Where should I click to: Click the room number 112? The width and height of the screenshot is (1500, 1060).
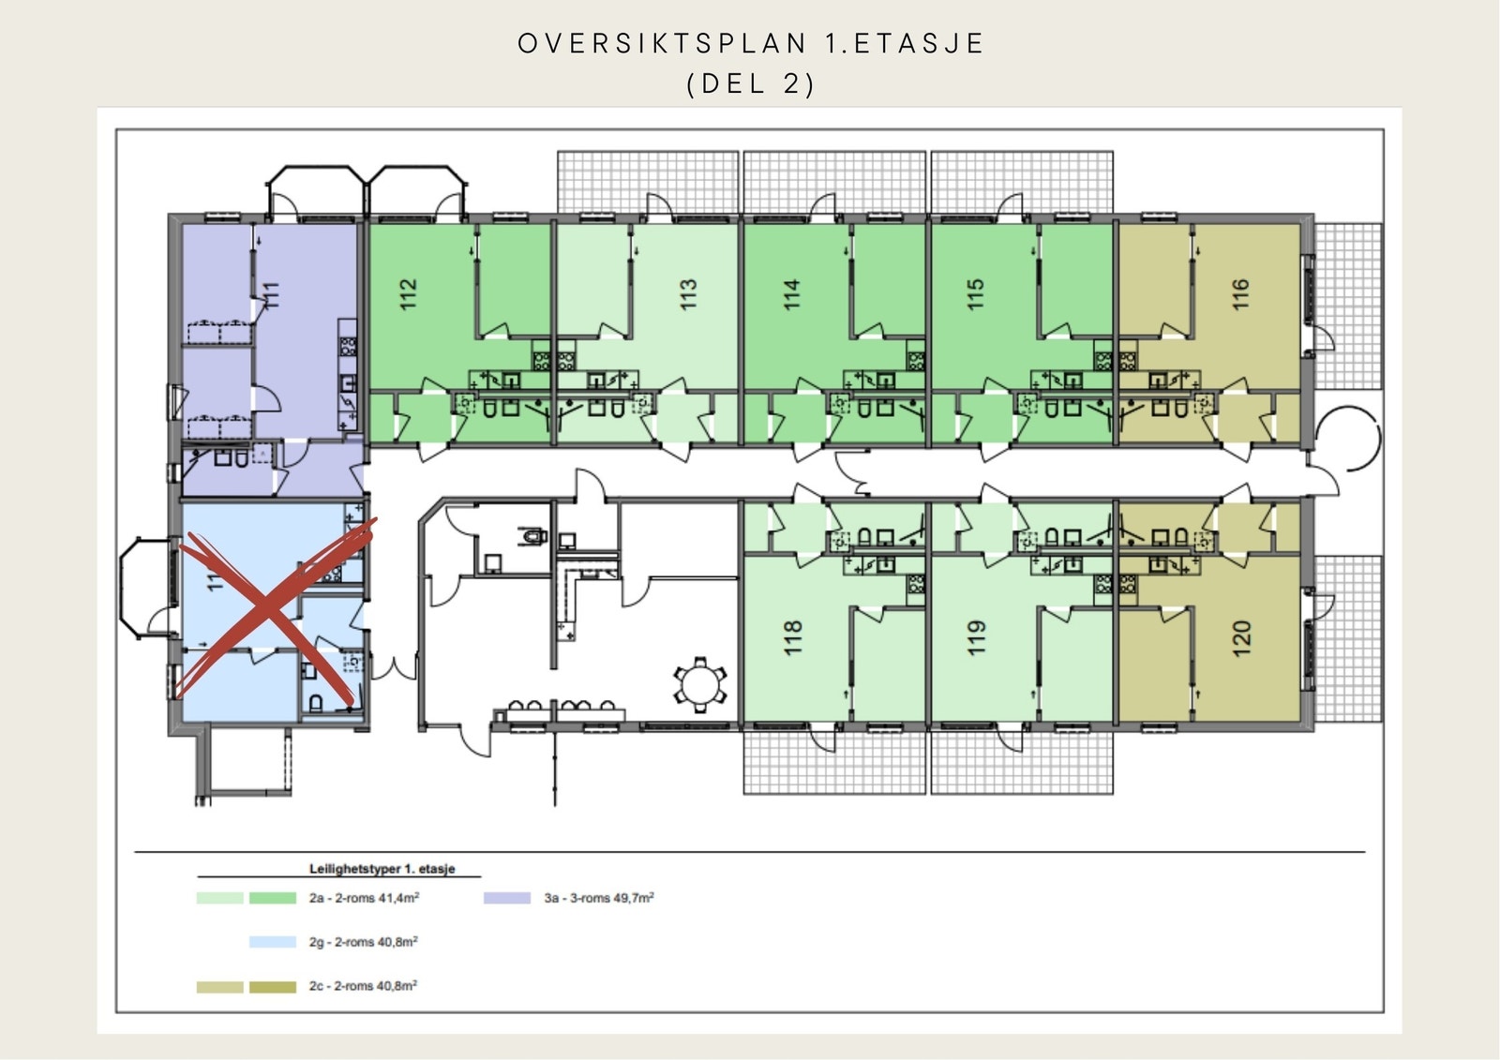coord(407,294)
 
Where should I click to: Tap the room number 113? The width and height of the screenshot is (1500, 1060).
coord(688,294)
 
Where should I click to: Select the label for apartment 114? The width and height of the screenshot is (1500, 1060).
coord(791,294)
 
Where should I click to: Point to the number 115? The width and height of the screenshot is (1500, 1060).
coord(975,294)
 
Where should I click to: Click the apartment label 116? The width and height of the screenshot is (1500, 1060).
coord(1240,294)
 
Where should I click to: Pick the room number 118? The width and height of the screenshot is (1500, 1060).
coord(792,637)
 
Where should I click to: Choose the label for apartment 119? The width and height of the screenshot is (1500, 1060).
coord(976,637)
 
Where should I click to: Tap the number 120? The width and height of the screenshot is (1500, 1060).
coord(1241,638)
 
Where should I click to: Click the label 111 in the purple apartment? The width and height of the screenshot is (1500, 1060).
coord(273,294)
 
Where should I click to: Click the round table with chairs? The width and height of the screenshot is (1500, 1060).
coord(698,683)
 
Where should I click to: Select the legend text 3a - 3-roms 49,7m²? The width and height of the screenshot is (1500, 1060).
coord(599,898)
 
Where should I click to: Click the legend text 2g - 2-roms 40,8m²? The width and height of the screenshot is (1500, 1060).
coord(363,942)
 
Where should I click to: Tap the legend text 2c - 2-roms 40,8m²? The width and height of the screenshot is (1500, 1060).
coord(363,986)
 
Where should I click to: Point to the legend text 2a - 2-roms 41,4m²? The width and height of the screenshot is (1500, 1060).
coord(364,898)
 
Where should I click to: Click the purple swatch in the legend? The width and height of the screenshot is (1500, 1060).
coord(507,898)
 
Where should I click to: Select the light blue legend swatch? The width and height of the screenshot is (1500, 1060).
coord(272,942)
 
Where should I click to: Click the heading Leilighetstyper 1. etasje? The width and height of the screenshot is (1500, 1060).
coord(382,869)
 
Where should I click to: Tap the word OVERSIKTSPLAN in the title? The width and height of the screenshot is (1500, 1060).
coord(663,44)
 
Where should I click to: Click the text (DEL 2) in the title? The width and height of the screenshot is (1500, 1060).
coord(751,84)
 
